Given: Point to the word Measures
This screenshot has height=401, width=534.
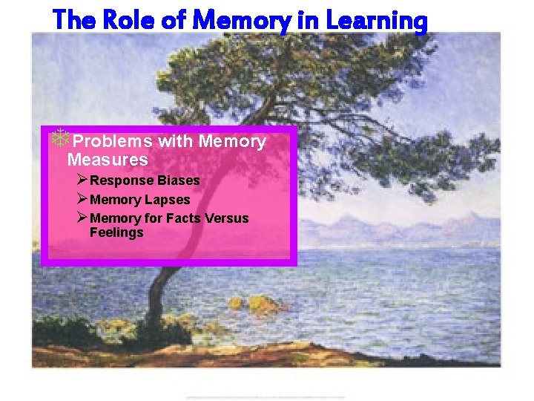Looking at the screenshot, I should [x=108, y=160].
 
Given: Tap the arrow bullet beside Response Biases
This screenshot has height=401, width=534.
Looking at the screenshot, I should [x=82, y=180].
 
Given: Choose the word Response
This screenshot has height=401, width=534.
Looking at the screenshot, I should [x=119, y=180].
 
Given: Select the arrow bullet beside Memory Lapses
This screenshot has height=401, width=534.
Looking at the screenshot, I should [x=82, y=199].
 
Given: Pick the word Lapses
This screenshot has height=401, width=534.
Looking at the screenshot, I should [x=168, y=200].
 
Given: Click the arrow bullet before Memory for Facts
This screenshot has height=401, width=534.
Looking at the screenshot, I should [x=82, y=218].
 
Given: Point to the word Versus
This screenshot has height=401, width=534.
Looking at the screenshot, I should [x=225, y=218].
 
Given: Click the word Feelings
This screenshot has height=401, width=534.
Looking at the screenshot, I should [x=116, y=232].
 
